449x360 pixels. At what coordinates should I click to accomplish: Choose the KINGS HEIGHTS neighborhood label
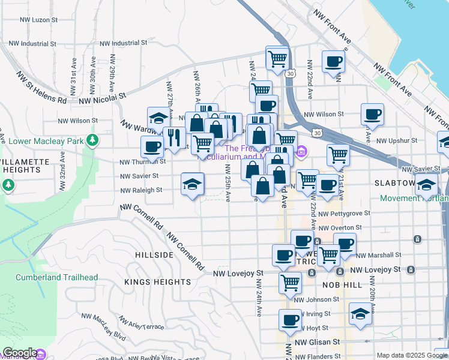point(157,281)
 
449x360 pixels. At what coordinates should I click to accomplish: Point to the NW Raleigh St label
point(141,190)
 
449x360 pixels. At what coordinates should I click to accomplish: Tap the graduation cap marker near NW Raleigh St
point(193,184)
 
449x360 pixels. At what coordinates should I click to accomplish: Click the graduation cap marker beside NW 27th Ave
point(158,117)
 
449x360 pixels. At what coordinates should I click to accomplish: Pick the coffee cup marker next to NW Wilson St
point(372,114)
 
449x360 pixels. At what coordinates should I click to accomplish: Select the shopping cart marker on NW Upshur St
point(339,154)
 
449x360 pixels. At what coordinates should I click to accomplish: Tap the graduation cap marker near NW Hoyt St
point(360,314)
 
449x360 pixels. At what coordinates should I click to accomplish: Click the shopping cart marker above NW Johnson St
point(291,281)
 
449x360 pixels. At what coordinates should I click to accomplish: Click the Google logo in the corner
point(19,353)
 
